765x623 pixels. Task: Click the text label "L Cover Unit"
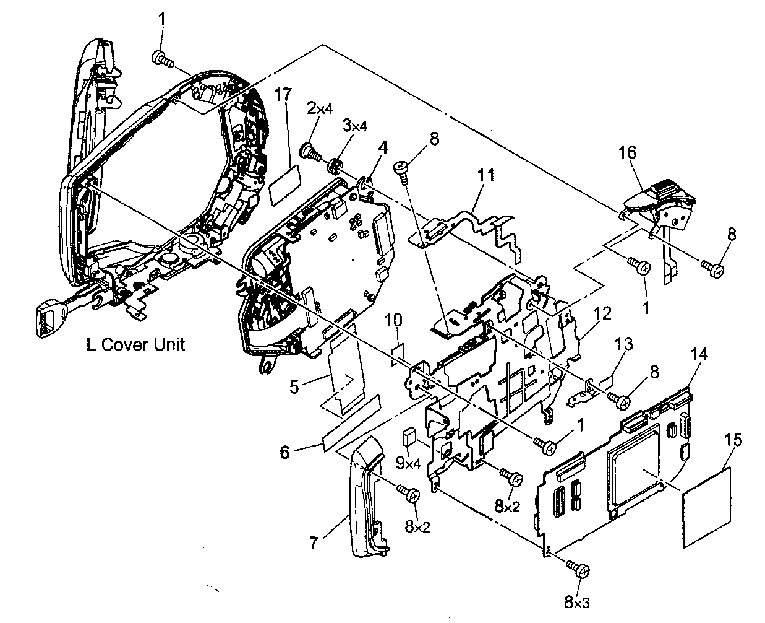coord(135,345)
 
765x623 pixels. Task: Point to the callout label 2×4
coord(320,110)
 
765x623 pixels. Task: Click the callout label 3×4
coord(356,125)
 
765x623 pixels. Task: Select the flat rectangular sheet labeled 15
coord(707,508)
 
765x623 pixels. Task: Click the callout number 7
coord(314,544)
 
